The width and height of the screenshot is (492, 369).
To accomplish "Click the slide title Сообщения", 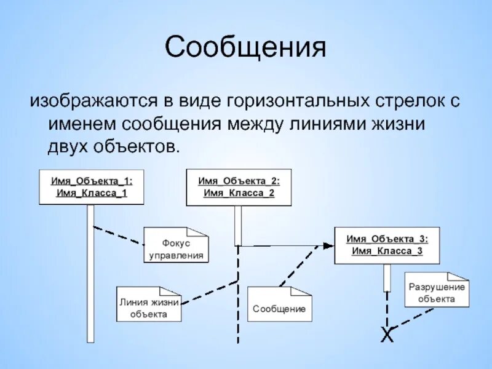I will [245, 48].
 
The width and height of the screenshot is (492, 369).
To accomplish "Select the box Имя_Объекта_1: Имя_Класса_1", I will [91, 187].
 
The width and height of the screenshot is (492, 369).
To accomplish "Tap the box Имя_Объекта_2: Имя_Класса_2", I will [239, 187].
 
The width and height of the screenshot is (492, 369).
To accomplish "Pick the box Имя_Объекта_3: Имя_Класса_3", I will [387, 245].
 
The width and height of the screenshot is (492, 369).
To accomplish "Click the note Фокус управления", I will [176, 249].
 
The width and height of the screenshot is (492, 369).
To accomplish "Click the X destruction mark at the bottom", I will [386, 335].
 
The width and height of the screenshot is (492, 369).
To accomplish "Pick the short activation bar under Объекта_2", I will [239, 225].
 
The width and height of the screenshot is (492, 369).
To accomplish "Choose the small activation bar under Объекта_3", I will [387, 277].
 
